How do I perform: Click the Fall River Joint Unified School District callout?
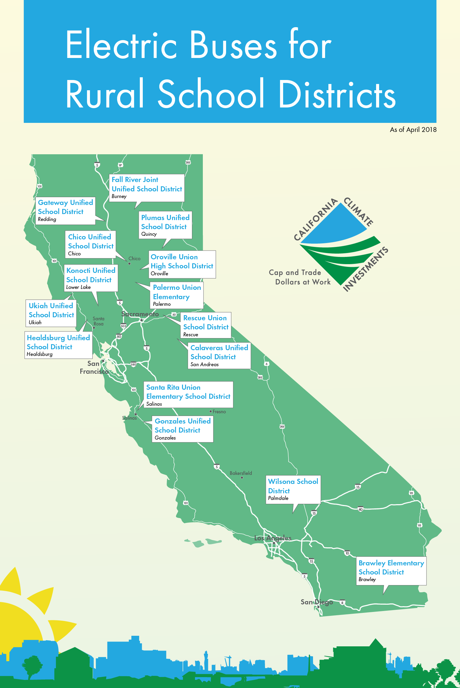click(x=147, y=188)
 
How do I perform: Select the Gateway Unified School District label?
click(x=65, y=211)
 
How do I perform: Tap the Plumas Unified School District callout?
click(x=165, y=225)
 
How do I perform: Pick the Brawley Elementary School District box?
click(x=391, y=571)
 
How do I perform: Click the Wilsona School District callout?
click(x=293, y=490)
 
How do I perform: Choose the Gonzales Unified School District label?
click(x=183, y=429)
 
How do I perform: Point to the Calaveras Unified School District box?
click(x=219, y=355)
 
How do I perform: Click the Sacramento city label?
click(x=140, y=314)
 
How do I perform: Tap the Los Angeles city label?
click(x=273, y=538)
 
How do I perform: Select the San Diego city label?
click(x=317, y=602)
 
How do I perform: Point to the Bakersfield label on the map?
click(x=241, y=473)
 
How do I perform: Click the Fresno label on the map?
click(x=219, y=411)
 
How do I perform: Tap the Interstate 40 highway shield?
click(x=360, y=509)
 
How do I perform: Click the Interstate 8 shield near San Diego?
click(x=342, y=602)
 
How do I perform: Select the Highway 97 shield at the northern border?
click(x=120, y=165)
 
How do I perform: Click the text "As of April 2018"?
click(x=413, y=130)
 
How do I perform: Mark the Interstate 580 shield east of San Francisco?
click(x=133, y=364)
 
